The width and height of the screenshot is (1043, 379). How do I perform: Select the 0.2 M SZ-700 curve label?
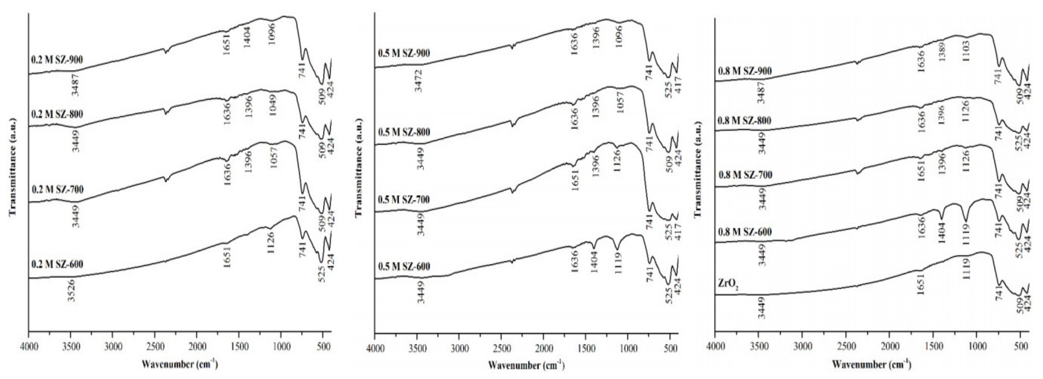point(57,189)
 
